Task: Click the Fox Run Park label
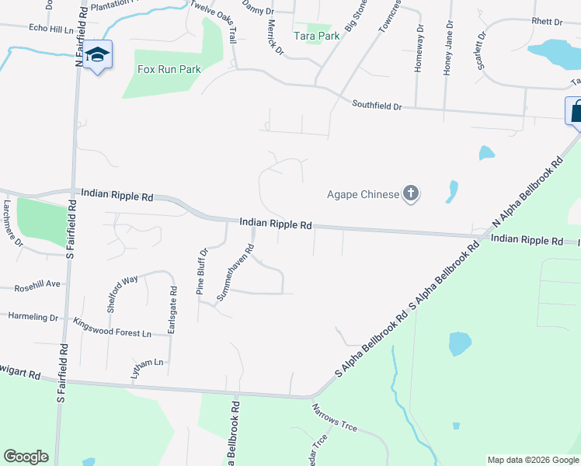coord(169,69)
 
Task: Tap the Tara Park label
coord(316,36)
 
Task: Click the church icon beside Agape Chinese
coord(411,194)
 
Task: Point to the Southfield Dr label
coord(377,104)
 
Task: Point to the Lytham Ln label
coord(148,363)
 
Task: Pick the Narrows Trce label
coord(334,417)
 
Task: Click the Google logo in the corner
coord(26,457)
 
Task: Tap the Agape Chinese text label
coord(363,194)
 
